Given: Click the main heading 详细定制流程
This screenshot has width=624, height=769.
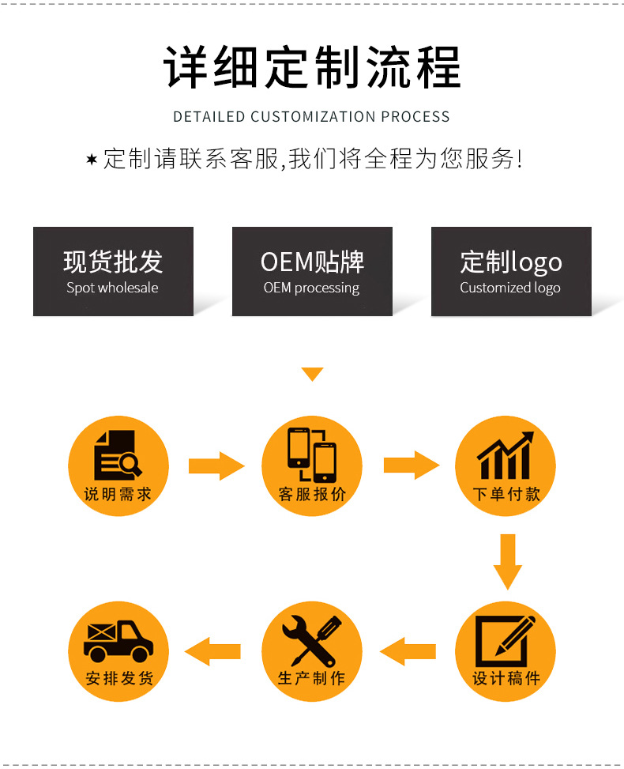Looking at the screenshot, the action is pyautogui.click(x=312, y=68).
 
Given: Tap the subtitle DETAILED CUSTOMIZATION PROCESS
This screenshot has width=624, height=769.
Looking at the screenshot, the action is pyautogui.click(x=311, y=117).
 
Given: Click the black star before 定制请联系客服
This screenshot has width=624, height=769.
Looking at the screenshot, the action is pyautogui.click(x=92, y=160).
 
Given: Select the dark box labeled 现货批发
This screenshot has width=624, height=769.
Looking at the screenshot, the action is pyautogui.click(x=113, y=271).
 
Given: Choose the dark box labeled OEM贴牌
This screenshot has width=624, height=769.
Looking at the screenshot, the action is pyautogui.click(x=312, y=271).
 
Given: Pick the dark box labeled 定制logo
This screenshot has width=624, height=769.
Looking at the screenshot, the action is pyautogui.click(x=510, y=271).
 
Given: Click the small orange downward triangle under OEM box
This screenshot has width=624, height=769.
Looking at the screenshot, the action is pyautogui.click(x=313, y=374).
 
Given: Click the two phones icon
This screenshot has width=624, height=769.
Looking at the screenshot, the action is pyautogui.click(x=311, y=454).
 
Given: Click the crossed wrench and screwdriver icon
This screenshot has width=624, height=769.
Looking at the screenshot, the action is pyautogui.click(x=311, y=639).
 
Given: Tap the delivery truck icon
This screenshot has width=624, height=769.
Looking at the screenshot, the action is pyautogui.click(x=118, y=640).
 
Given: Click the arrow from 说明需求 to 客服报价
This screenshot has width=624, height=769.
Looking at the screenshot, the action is pyautogui.click(x=216, y=466).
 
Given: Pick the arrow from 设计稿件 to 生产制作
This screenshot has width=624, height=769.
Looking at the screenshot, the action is pyautogui.click(x=408, y=651).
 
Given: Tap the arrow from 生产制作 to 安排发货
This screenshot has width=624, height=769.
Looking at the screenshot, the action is pyautogui.click(x=213, y=651).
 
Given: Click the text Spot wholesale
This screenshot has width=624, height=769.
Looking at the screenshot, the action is pyautogui.click(x=112, y=288).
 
